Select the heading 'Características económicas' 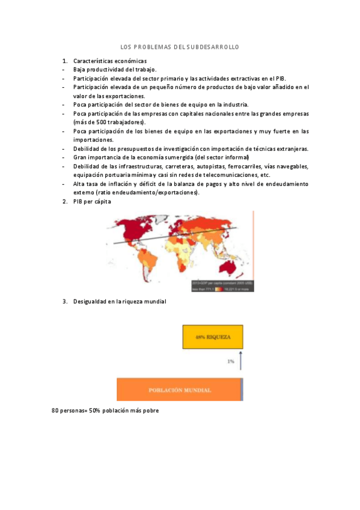point(109,61)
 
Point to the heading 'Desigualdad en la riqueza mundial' point(120,301)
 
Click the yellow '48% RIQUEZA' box point(213,337)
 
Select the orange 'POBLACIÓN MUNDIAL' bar point(178,390)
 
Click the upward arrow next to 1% point(240,361)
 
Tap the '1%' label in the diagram point(230,361)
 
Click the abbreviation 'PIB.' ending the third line point(281,78)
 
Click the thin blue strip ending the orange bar point(242,390)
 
